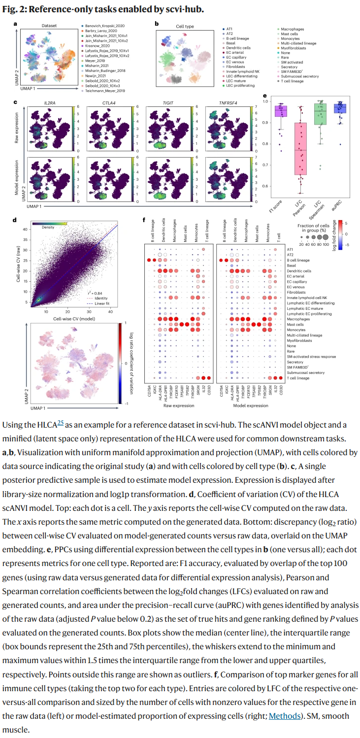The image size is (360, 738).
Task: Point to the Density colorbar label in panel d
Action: point(48,228)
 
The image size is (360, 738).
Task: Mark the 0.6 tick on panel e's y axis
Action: point(265,186)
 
